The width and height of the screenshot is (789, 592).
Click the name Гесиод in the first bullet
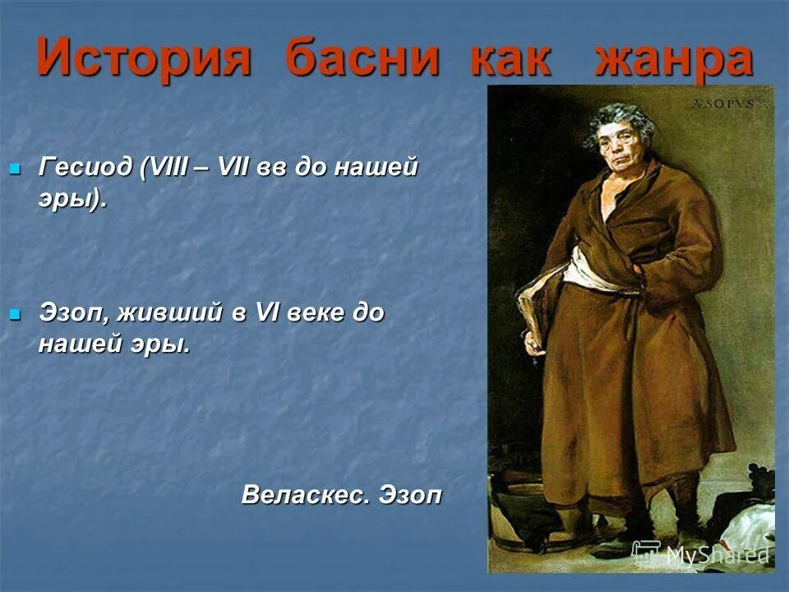[85, 168]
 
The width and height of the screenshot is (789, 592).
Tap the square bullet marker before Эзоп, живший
[14, 314]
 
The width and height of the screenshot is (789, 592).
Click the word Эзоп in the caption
[410, 495]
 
